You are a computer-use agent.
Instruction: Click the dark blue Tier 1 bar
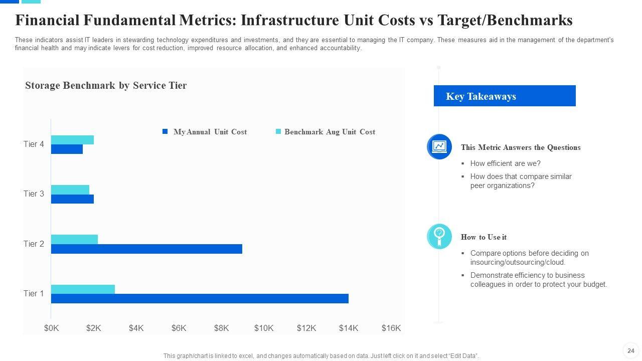pos(200,299)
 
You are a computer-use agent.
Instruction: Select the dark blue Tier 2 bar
pos(146,249)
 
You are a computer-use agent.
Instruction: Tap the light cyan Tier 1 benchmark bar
pos(83,289)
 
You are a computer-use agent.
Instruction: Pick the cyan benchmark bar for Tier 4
pos(72,140)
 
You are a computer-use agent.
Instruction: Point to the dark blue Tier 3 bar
pos(72,199)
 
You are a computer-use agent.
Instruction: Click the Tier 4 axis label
pos(34,144)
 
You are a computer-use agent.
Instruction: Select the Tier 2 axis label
pos(34,244)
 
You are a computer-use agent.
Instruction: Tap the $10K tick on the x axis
pos(264,328)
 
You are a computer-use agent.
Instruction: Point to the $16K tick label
pos(391,328)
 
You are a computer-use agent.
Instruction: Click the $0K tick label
pos(51,328)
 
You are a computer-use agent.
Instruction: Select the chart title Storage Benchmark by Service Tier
pos(106,86)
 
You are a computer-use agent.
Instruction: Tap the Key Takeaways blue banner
pos(504,96)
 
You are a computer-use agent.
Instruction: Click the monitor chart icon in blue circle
pos(439,146)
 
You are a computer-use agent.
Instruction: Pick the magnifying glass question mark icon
pos(439,236)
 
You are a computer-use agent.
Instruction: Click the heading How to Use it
pos(484,237)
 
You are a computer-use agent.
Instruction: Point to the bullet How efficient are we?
pos(505,163)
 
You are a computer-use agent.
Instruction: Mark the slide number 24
pos(631,350)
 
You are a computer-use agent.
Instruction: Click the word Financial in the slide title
pos(47,21)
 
